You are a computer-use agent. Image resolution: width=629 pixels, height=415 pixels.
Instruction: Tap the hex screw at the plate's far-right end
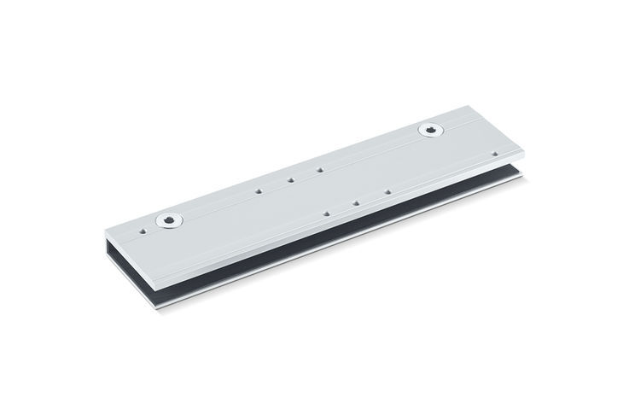(x=432, y=131)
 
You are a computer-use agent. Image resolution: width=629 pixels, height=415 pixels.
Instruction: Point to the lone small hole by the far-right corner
(x=495, y=154)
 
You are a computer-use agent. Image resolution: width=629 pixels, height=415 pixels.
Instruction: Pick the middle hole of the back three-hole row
(x=290, y=179)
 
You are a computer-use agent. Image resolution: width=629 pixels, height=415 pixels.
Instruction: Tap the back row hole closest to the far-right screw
(x=319, y=169)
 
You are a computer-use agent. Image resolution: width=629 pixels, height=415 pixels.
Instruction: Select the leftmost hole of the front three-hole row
(x=326, y=213)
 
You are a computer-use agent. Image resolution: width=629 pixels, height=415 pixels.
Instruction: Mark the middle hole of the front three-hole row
(x=356, y=202)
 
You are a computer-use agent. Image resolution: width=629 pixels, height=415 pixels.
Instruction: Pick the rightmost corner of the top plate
(x=524, y=153)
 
